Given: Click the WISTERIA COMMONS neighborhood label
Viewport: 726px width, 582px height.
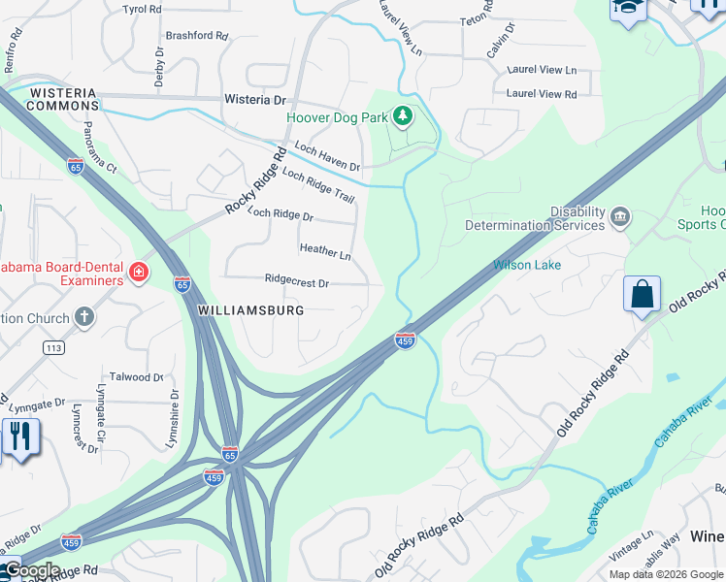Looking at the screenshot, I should click(x=64, y=99).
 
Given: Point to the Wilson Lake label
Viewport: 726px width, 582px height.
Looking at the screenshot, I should click(x=527, y=265).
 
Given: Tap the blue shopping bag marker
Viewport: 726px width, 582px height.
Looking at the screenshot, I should click(x=643, y=295).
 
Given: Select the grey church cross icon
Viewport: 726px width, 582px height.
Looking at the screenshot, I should click(x=84, y=317).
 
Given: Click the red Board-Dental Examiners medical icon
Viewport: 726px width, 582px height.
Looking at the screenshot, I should click(x=139, y=274).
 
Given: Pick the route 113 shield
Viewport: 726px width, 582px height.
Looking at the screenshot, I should click(x=52, y=346).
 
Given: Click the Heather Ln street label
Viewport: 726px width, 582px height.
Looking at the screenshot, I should click(x=325, y=251).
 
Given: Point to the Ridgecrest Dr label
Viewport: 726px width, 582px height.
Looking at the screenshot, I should click(x=297, y=282).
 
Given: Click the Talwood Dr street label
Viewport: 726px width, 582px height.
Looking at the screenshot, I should click(x=136, y=376).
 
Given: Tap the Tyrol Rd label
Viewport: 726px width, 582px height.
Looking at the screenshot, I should click(x=142, y=9).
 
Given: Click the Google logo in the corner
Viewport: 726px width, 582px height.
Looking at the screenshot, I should click(x=31, y=570).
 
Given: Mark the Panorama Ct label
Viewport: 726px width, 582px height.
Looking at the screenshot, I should click(x=98, y=155).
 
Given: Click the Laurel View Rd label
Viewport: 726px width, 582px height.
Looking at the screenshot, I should click(x=542, y=94).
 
